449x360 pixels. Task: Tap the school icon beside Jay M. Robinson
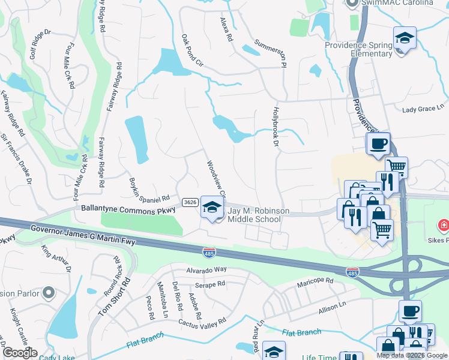click(211, 208)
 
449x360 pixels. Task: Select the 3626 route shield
click(190, 202)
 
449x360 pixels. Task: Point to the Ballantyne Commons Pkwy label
click(129, 210)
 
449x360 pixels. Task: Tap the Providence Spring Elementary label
click(358, 49)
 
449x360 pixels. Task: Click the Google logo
click(20, 353)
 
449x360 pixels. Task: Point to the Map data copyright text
click(412, 355)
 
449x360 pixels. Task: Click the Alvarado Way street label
click(206, 270)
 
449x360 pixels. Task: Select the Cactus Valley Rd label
click(202, 321)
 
